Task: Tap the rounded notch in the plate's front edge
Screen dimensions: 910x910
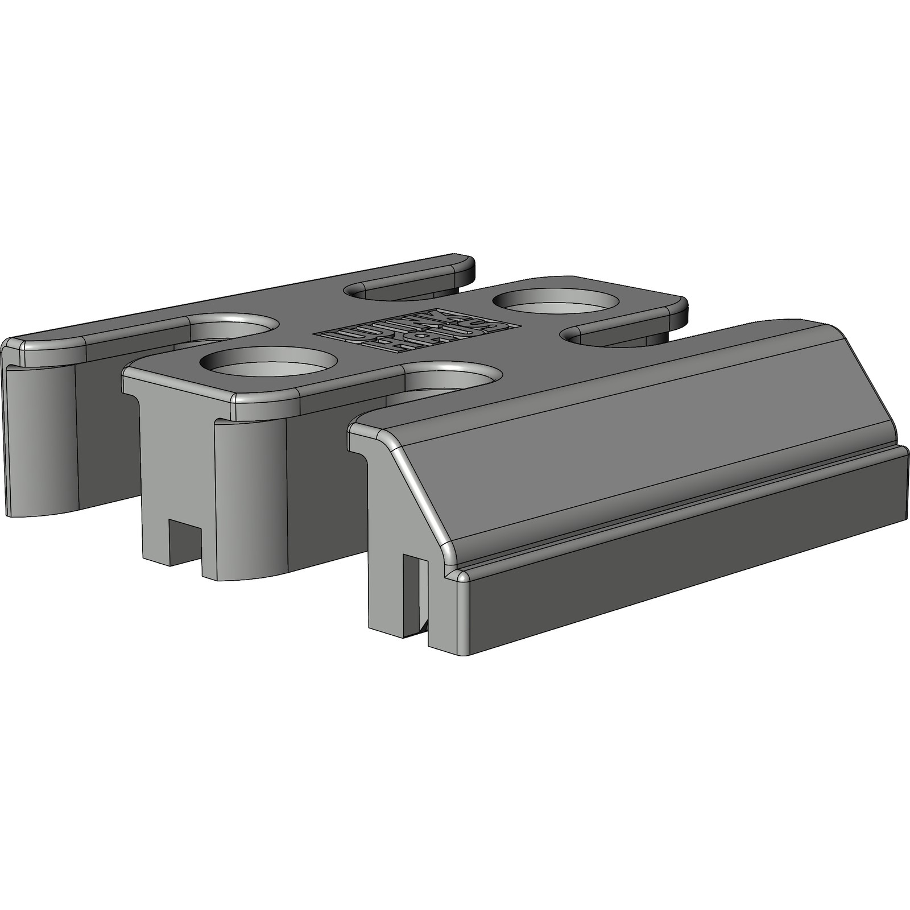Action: pos(449,380)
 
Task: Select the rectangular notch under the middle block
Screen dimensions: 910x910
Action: pos(187,540)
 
